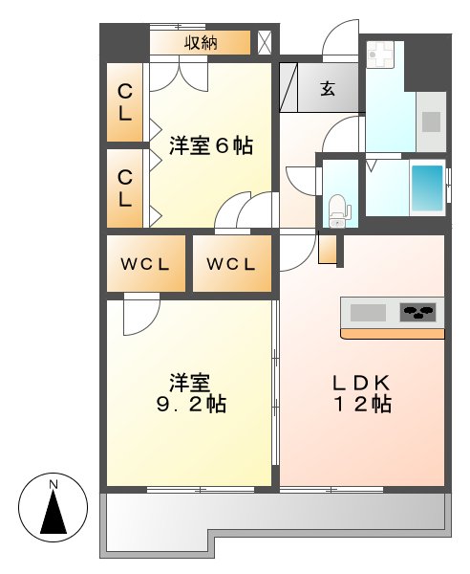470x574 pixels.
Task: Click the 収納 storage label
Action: [201, 42]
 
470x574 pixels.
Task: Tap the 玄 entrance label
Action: [328, 89]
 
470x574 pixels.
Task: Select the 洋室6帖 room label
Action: [211, 146]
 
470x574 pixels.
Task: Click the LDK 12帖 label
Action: [361, 392]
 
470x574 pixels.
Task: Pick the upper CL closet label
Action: [124, 101]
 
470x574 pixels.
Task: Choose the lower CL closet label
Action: [124, 187]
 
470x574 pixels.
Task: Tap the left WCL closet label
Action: [145, 264]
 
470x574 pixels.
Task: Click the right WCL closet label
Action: [230, 264]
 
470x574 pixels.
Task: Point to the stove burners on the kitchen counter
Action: [417, 312]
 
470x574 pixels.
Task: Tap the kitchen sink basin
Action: [369, 312]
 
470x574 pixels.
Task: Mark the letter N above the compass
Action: [54, 485]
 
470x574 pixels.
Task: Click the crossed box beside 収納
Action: [265, 42]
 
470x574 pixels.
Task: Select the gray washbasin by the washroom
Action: [430, 121]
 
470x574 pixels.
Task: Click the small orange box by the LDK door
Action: [328, 249]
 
